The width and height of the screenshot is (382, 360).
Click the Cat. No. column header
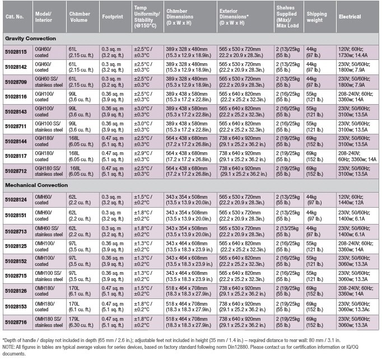[15, 17]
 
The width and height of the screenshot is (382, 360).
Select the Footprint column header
[113, 17]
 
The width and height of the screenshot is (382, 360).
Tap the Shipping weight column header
[316, 17]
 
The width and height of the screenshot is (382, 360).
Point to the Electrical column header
[350, 17]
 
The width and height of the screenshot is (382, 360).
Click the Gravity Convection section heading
[30, 39]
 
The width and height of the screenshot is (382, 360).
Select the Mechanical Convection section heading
[36, 185]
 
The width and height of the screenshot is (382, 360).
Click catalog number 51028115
[16, 52]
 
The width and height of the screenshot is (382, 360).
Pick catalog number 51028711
[16, 127]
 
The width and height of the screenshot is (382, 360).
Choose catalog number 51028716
[16, 322]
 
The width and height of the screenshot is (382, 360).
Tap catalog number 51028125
[16, 246]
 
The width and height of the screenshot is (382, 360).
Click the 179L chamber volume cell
[81, 322]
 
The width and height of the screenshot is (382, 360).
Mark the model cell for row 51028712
[49, 171]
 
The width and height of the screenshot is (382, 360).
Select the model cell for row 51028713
[49, 231]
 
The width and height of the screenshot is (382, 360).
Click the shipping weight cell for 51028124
[314, 200]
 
